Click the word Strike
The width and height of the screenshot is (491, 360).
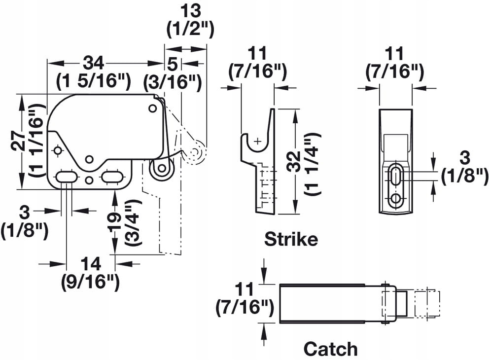coord(291,240)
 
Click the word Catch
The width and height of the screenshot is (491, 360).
coord(330,349)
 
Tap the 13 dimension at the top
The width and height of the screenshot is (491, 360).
coord(190,11)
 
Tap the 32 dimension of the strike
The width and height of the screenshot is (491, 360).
coord(295,161)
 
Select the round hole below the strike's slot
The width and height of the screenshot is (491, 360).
coord(395,199)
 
